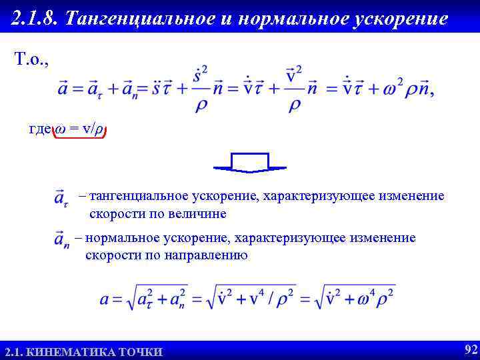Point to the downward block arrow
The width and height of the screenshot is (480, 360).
pos(249,163)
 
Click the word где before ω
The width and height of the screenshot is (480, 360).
pos(39,130)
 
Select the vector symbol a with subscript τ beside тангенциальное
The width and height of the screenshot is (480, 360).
pos(62,198)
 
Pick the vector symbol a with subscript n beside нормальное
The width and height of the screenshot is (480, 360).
pos(62,239)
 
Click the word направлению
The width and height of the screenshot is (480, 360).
pos(202,255)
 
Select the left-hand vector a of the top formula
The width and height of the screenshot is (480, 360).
pos(63,89)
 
